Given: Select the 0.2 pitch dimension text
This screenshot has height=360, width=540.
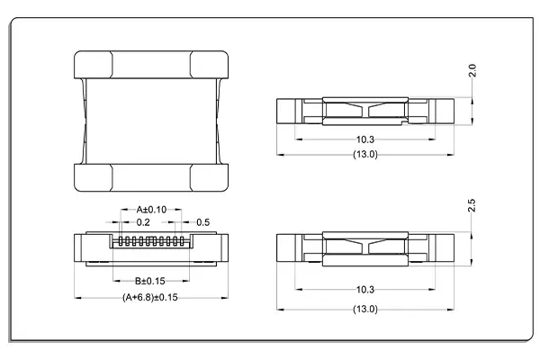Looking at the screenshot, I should tap(143, 221).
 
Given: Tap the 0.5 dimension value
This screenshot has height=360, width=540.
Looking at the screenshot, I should tap(202, 221).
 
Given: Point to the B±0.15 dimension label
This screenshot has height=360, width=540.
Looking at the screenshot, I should tap(144, 281).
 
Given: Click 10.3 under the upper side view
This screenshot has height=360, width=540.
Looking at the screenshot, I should tap(364, 140).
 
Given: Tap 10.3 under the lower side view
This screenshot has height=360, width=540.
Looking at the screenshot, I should tap(364, 291).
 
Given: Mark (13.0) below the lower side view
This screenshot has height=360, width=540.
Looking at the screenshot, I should tap(364, 309).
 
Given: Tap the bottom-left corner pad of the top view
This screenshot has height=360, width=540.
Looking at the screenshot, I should tap(92, 177).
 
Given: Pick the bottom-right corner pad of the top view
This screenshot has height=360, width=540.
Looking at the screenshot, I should tap(210, 177).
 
